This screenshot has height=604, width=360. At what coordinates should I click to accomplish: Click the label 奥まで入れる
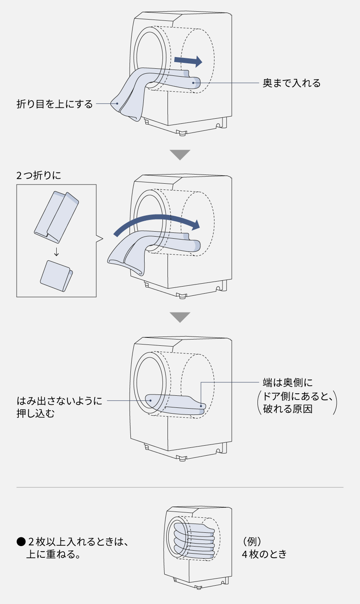[x=291, y=83]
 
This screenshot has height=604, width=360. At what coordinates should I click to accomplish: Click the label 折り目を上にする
[x=55, y=104]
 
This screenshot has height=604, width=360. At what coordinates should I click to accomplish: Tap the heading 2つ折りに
[x=38, y=175]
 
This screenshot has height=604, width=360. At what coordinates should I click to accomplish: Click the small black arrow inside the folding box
[x=56, y=252]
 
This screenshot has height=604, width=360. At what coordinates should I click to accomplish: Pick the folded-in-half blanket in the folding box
[x=57, y=275]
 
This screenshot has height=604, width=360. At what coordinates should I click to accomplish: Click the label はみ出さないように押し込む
[x=58, y=407]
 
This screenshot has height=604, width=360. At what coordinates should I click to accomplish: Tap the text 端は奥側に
[x=287, y=382]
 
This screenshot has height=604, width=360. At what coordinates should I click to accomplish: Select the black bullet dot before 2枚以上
[x=20, y=542]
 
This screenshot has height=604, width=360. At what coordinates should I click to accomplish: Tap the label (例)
[x=252, y=542]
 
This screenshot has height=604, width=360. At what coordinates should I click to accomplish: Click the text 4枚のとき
[x=264, y=554]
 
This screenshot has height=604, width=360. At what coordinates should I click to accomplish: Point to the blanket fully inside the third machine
[x=175, y=402]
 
